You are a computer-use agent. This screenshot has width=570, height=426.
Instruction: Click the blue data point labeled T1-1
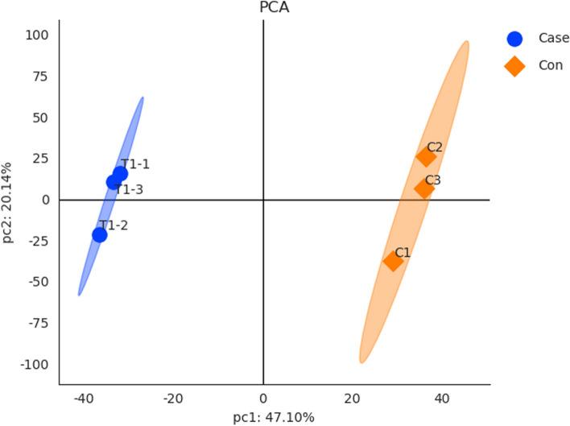120,174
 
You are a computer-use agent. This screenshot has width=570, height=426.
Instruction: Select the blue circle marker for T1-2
100,235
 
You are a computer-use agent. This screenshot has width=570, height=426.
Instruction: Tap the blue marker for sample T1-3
114,183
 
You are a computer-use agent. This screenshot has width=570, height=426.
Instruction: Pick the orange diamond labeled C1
394,261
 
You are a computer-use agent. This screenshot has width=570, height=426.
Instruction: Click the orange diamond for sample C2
426,156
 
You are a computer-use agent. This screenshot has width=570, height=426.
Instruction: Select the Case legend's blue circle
515,39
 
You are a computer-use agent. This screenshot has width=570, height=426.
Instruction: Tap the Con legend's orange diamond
515,66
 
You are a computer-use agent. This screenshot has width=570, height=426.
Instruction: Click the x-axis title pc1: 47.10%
274,417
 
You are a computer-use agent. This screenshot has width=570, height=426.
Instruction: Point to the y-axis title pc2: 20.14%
8,200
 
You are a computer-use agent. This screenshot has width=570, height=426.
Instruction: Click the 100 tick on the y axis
37,35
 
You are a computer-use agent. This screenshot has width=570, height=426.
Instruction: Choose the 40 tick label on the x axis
441,399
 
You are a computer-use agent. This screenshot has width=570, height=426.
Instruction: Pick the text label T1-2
114,225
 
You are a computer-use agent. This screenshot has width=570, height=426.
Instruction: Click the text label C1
403,252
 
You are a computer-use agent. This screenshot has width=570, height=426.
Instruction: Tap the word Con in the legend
551,66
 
